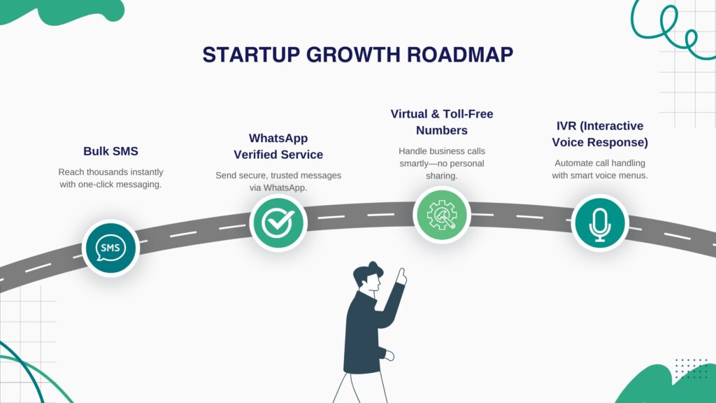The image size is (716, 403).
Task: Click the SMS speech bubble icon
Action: [x=110, y=248]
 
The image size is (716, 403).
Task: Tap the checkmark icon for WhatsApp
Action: [x=278, y=222]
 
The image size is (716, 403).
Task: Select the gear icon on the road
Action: [x=442, y=215]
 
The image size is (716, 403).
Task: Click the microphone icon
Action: [x=599, y=225]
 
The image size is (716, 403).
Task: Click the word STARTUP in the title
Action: [x=251, y=55]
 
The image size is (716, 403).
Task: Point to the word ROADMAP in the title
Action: [x=460, y=55]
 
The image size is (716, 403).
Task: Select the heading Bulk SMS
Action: [x=110, y=151]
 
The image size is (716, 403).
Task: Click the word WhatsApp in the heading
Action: [x=278, y=138]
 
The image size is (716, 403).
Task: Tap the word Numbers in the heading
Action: [x=442, y=130]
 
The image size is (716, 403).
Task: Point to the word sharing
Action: [x=441, y=176]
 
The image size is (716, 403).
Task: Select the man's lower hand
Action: [x=389, y=355]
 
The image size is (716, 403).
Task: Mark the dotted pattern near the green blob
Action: [x=691, y=368]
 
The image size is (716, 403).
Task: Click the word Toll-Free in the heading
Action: [x=468, y=114]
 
